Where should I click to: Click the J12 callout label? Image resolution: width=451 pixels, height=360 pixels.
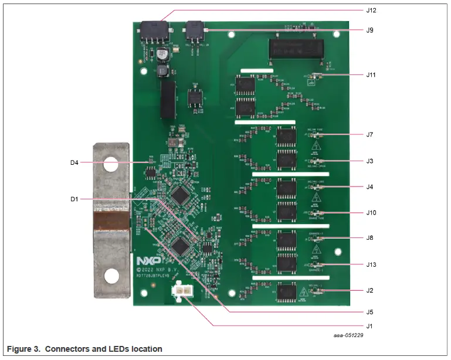[371, 11]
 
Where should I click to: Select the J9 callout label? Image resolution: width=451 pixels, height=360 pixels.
[369, 30]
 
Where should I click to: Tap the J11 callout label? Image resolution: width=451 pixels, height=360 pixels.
[371, 75]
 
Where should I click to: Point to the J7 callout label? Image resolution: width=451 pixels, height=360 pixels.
[369, 135]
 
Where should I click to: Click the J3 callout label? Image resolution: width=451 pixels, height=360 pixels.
[369, 161]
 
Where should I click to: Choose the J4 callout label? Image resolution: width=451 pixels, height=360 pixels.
[369, 187]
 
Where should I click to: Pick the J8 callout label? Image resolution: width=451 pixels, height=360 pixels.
[369, 239]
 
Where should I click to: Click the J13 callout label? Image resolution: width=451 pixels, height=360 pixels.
[371, 264]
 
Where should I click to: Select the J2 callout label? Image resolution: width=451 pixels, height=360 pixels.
[369, 290]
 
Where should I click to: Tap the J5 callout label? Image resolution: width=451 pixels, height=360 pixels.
[369, 312]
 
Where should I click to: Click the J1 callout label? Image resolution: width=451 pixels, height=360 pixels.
[369, 325]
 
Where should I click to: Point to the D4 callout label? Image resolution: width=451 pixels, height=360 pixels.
[74, 162]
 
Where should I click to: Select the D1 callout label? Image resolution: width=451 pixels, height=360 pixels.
[74, 199]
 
